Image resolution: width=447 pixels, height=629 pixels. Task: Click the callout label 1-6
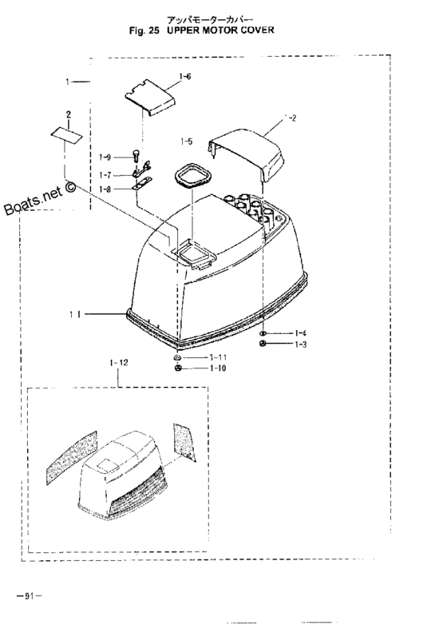pyautogui.click(x=185, y=76)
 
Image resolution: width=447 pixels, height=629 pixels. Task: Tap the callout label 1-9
pyautogui.click(x=105, y=157)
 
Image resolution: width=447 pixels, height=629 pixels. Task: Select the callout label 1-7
pyautogui.click(x=105, y=175)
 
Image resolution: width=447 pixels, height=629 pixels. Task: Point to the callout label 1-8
pyautogui.click(x=105, y=189)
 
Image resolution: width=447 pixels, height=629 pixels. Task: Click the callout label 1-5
pyautogui.click(x=186, y=141)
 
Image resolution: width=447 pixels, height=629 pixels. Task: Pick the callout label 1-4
pyautogui.click(x=300, y=333)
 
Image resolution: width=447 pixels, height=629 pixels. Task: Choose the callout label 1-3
pyautogui.click(x=300, y=344)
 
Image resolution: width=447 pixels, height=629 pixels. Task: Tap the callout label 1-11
pyautogui.click(x=218, y=357)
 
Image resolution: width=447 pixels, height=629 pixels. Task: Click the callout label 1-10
pyautogui.click(x=218, y=368)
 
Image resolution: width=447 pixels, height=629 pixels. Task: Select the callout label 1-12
pyautogui.click(x=119, y=363)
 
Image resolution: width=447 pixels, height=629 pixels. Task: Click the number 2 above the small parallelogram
pyautogui.click(x=69, y=115)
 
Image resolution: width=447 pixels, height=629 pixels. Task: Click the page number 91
pyautogui.click(x=29, y=596)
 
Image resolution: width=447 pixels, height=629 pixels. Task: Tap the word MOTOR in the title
pyautogui.click(x=220, y=30)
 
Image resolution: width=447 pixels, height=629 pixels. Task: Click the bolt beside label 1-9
pyautogui.click(x=136, y=155)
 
